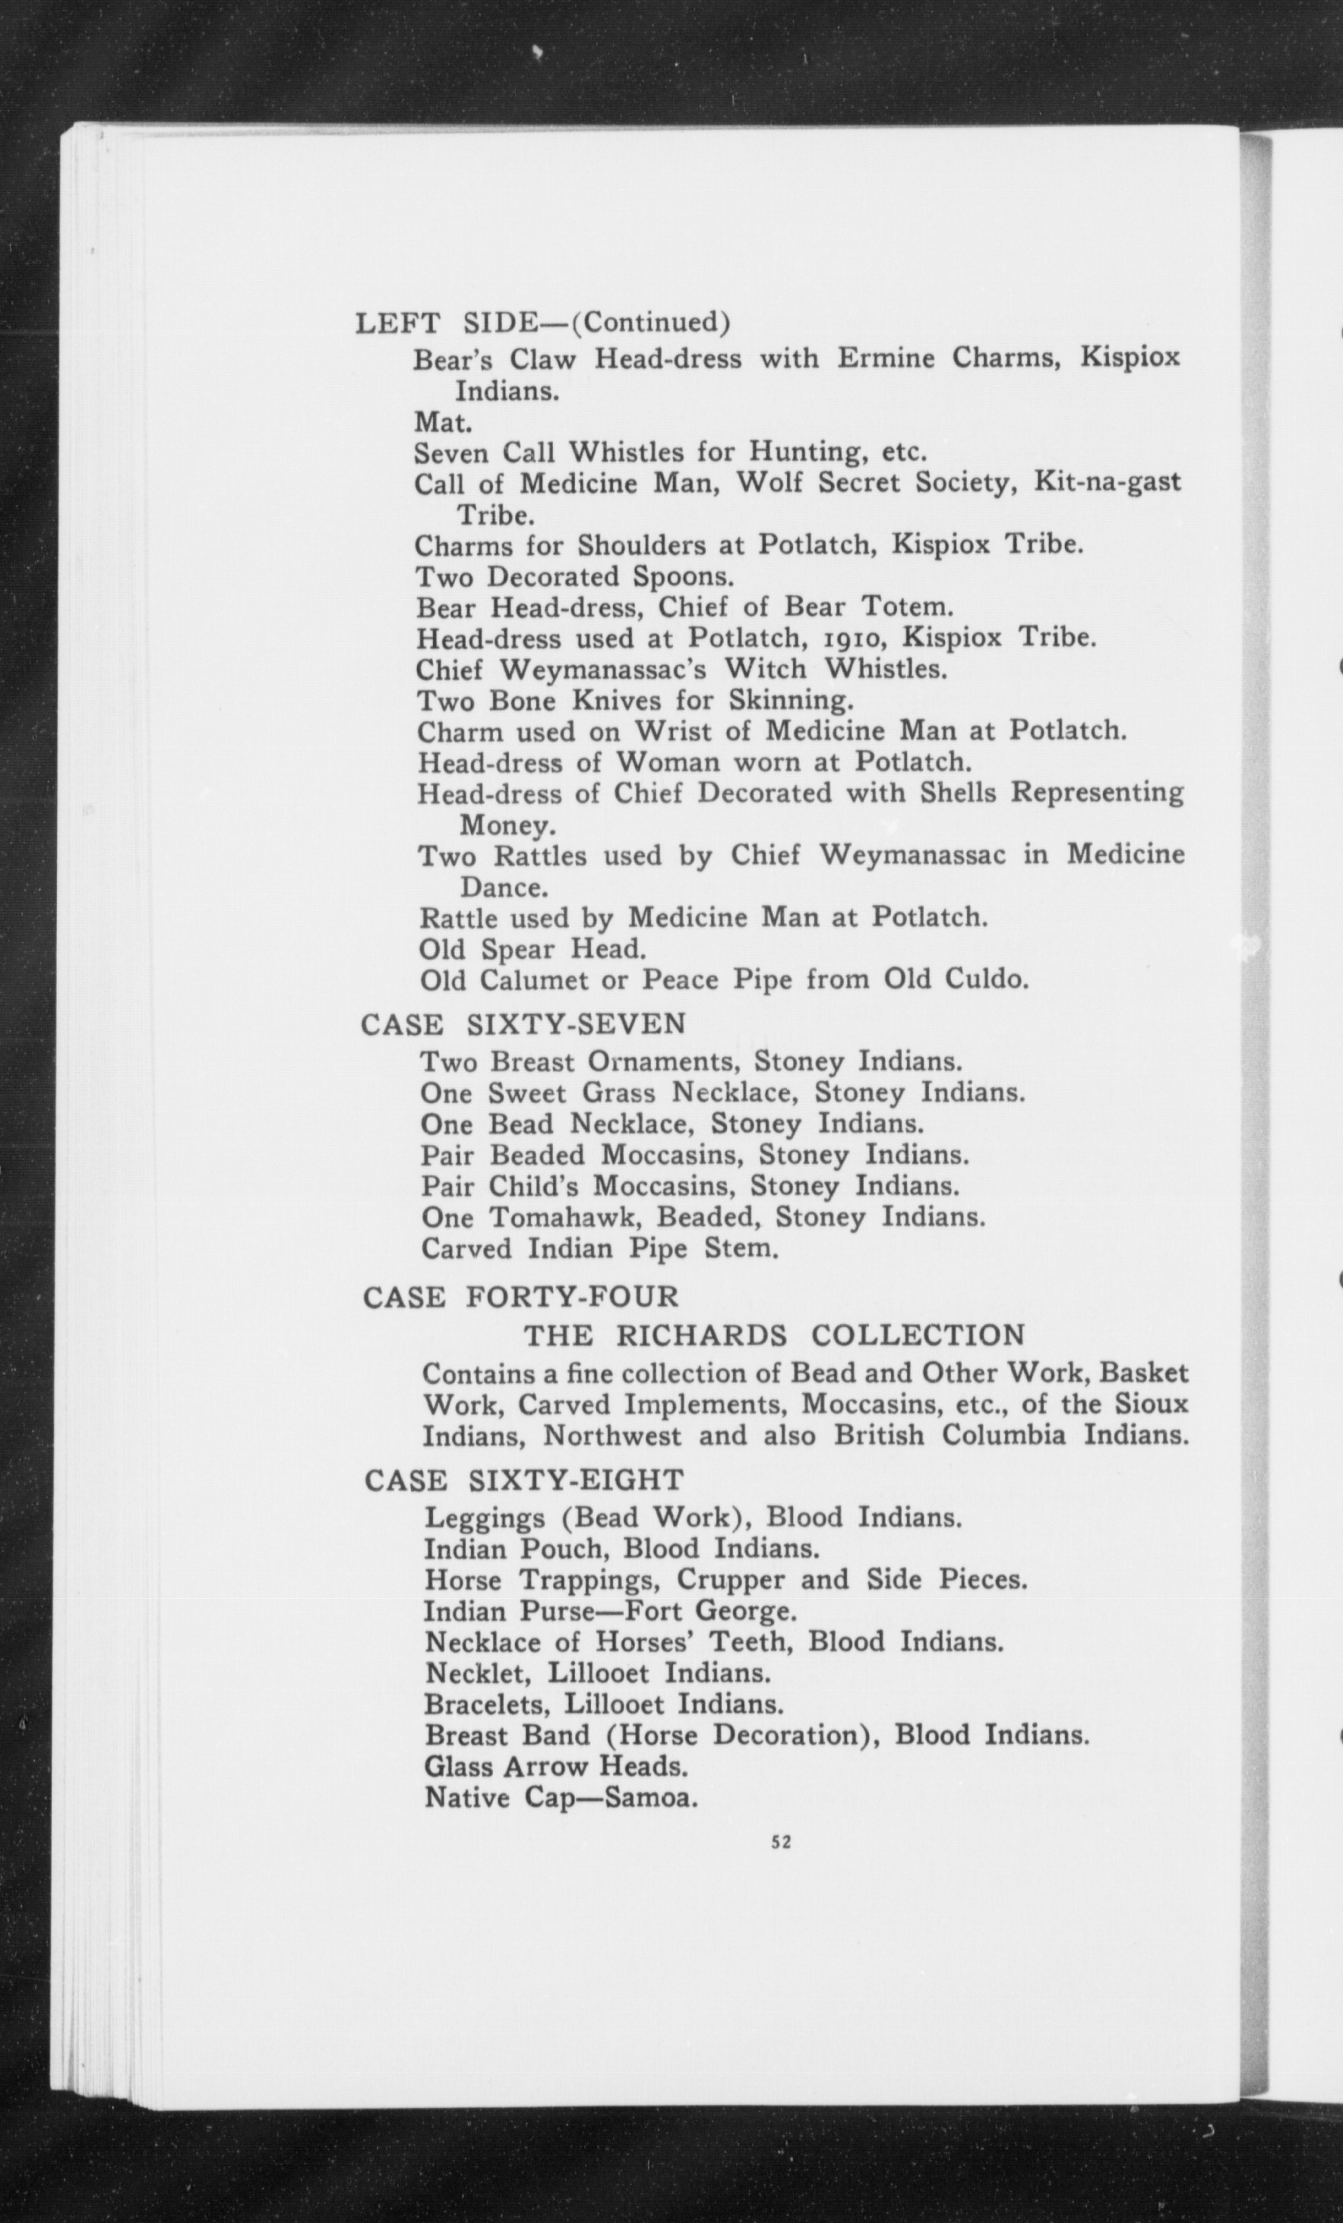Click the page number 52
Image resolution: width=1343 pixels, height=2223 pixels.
point(782,1844)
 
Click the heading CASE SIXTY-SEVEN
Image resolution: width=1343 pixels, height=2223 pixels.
point(523,1024)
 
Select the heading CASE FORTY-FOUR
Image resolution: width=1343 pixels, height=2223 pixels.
point(521,1298)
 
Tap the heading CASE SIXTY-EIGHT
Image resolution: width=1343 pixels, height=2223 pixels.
point(524,1480)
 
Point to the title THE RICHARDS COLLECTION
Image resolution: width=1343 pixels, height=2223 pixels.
point(774,1335)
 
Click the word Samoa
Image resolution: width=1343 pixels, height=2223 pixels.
point(651,1798)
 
